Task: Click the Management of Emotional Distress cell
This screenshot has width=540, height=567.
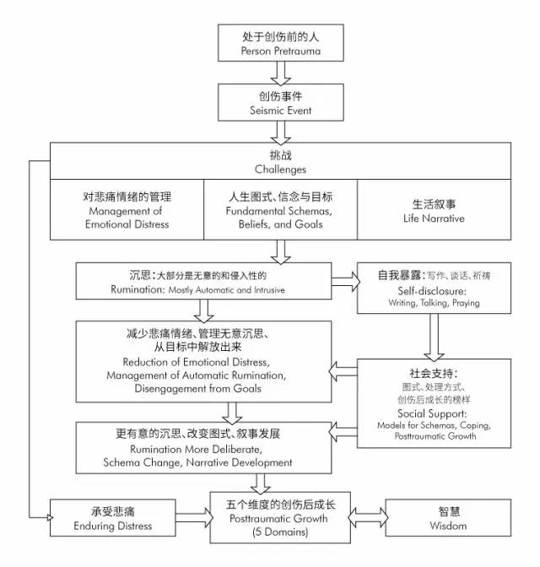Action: (x=127, y=208)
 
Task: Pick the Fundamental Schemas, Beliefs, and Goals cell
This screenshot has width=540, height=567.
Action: (x=280, y=208)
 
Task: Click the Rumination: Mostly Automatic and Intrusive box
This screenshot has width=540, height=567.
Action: (x=202, y=282)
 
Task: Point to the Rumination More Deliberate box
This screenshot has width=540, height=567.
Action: (x=202, y=448)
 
